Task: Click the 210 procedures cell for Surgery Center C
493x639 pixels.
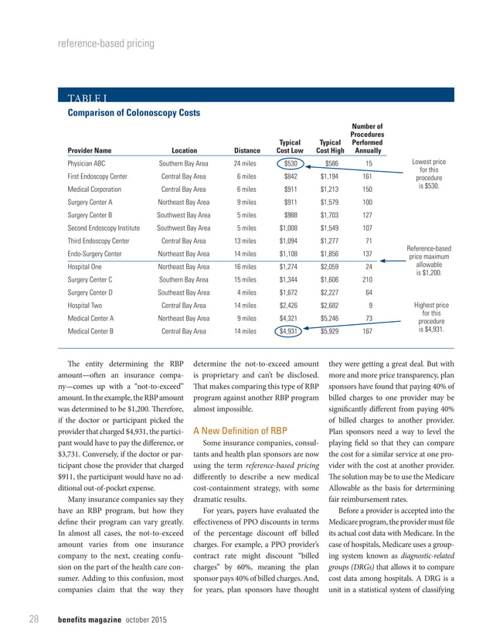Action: point(368,279)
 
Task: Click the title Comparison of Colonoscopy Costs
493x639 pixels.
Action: point(134,112)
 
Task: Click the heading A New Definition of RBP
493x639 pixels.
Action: point(240,430)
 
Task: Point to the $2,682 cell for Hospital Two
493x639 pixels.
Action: point(330,306)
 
